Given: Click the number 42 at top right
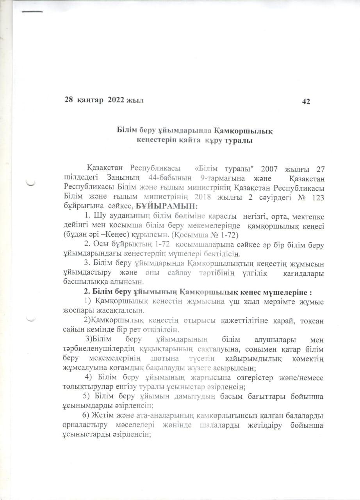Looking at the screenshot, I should coord(306,102).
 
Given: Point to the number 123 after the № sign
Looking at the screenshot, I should coord(316,197).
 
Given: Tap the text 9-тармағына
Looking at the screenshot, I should coord(223,179).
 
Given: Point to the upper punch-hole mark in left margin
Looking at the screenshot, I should coord(30,182).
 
